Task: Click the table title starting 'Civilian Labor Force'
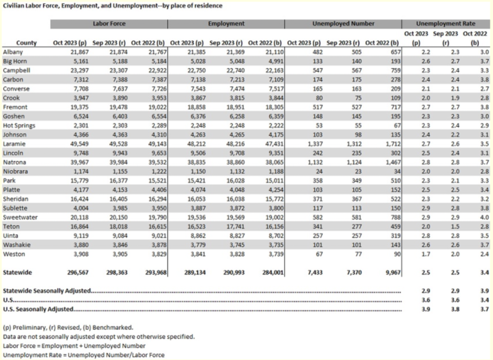pos(113,6)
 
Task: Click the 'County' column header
pos(26,42)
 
